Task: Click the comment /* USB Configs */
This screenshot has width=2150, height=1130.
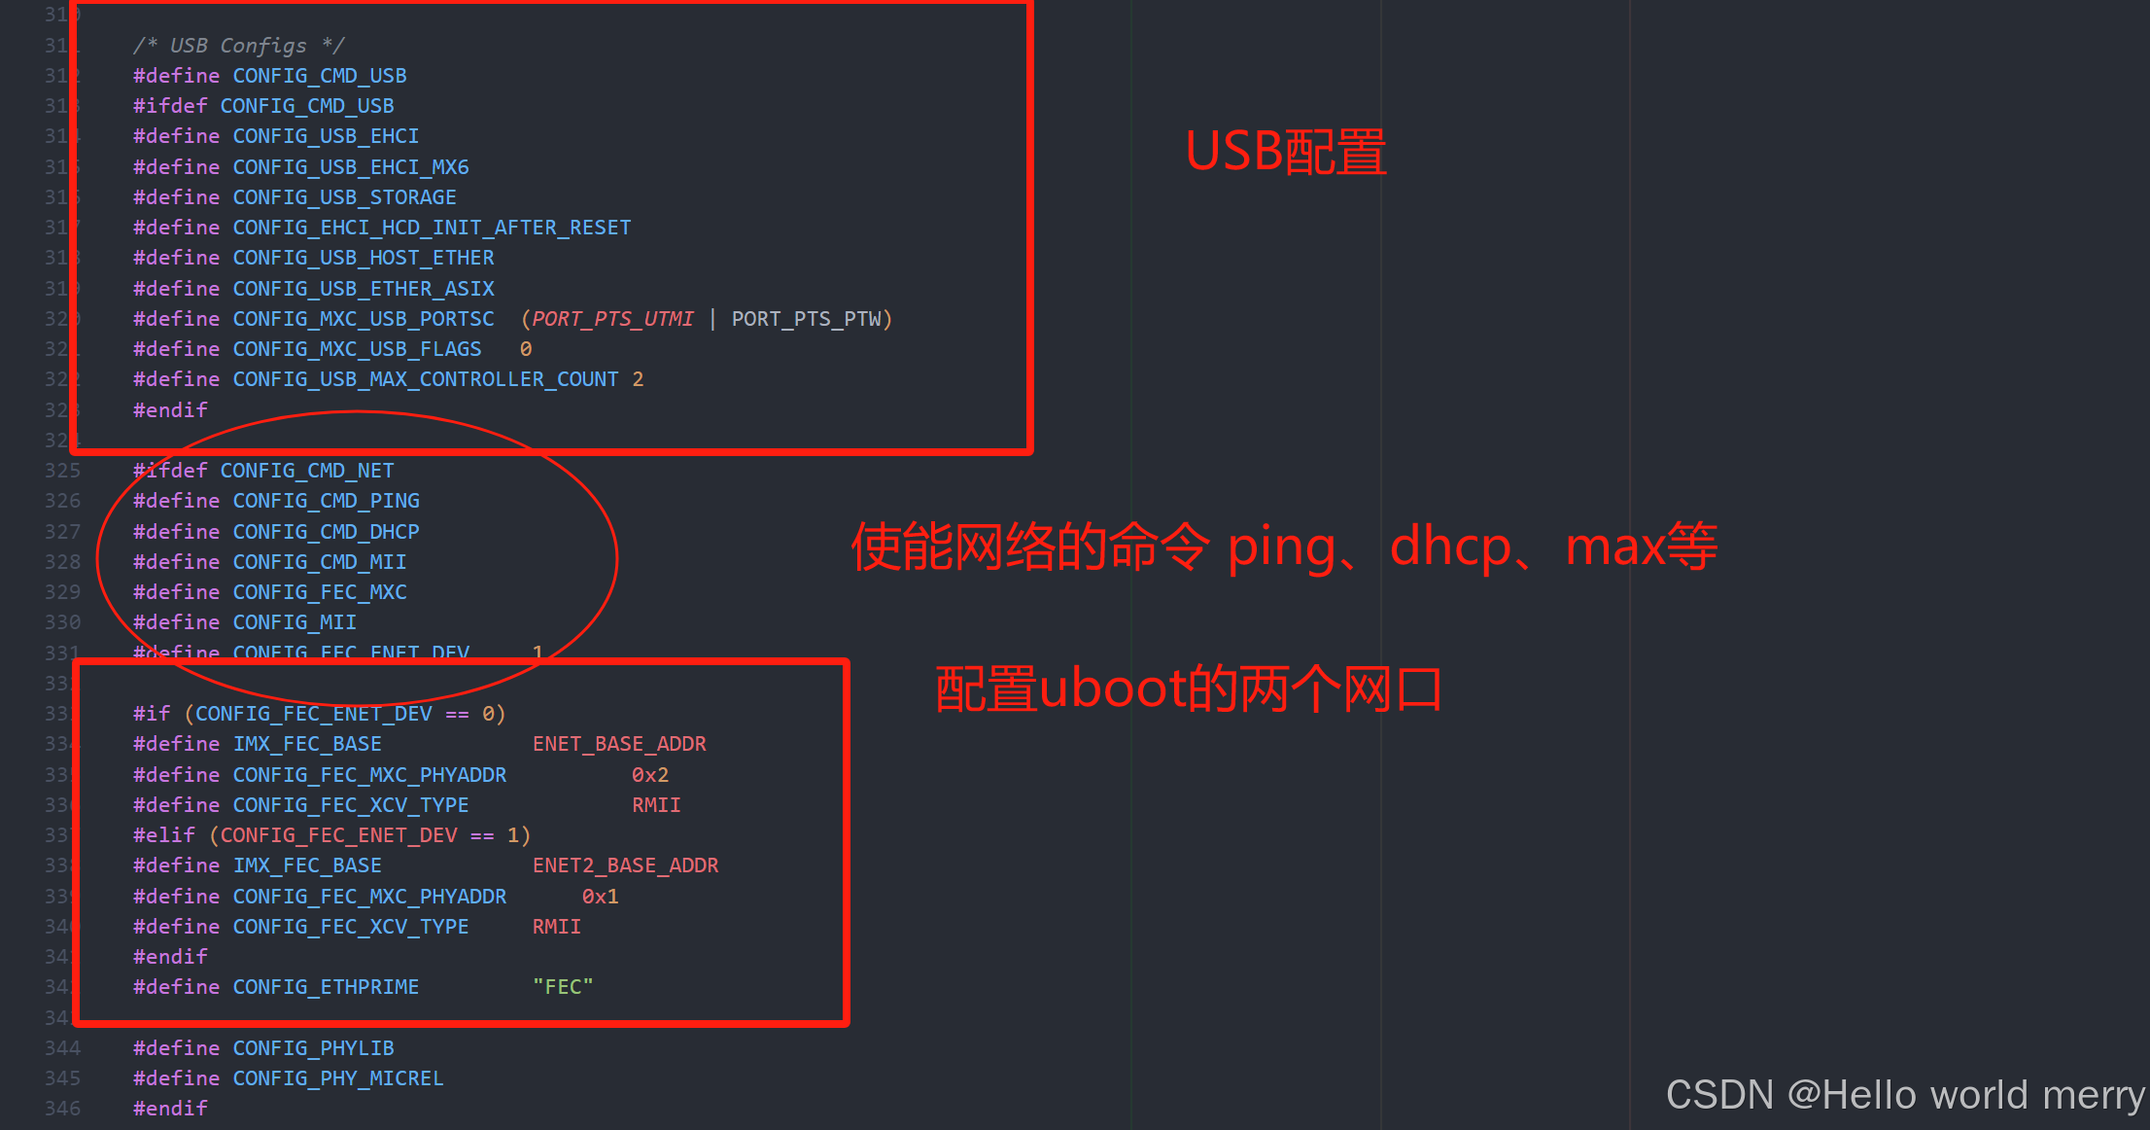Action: pyautogui.click(x=238, y=46)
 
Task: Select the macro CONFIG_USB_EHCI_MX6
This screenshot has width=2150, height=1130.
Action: pyautogui.click(x=350, y=167)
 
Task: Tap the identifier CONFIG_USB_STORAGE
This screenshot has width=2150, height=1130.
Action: pyautogui.click(x=344, y=197)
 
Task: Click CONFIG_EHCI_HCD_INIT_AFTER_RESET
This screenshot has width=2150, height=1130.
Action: pyautogui.click(x=432, y=228)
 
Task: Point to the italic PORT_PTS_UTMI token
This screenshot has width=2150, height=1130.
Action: pyautogui.click(x=612, y=319)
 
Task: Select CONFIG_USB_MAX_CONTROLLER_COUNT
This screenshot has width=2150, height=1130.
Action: pyautogui.click(x=425, y=379)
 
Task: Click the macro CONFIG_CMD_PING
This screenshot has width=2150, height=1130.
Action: pyautogui.click(x=326, y=501)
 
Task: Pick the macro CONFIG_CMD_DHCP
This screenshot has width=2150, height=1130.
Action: pyautogui.click(x=326, y=532)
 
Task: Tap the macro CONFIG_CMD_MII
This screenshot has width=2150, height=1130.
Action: pyautogui.click(x=319, y=562)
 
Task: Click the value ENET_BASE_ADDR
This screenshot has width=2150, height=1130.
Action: pyautogui.click(x=619, y=744)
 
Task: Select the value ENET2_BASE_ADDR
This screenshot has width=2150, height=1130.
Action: pyautogui.click(x=625, y=865)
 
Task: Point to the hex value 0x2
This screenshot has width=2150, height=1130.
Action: pyautogui.click(x=650, y=775)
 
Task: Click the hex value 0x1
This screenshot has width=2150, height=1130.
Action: pyautogui.click(x=600, y=897)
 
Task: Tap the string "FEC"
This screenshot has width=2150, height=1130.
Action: pyautogui.click(x=563, y=987)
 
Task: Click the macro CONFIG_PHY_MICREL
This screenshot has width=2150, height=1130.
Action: pyautogui.click(x=337, y=1078)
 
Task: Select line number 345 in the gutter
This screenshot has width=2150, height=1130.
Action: pyautogui.click(x=62, y=1078)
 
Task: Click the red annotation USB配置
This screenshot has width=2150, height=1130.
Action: pyautogui.click(x=1285, y=153)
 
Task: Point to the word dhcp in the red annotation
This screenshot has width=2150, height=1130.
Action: pyautogui.click(x=1450, y=547)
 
